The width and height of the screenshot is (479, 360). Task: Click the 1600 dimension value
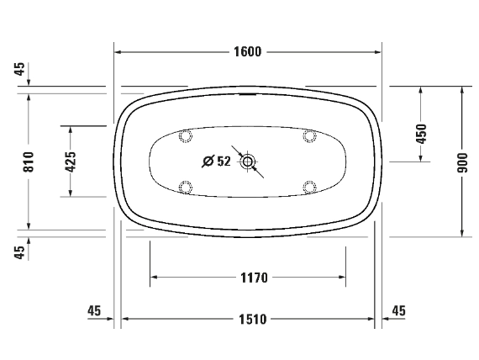point(248,51)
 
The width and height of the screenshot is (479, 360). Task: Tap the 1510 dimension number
point(253,320)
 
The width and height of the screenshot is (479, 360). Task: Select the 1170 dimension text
point(254,278)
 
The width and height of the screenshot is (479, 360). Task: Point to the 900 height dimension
point(462,162)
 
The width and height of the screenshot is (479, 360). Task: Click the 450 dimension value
point(421,134)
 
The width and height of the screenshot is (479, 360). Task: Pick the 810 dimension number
point(29,161)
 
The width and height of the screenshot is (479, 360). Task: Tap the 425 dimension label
point(71,161)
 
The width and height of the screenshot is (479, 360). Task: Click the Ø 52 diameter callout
point(217,161)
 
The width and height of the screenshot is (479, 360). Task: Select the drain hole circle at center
point(247,161)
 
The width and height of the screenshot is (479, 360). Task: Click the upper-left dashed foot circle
point(186,135)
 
